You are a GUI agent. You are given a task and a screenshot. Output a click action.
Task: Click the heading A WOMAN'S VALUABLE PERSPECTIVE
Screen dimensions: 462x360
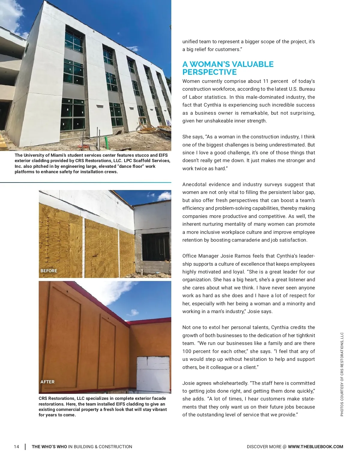(228, 68)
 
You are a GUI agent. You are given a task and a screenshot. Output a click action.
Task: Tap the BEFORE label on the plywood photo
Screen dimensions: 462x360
(49, 271)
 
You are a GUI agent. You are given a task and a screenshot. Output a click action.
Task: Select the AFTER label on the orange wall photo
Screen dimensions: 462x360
(47, 382)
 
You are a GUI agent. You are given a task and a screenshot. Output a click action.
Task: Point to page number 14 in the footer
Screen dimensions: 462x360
(16, 447)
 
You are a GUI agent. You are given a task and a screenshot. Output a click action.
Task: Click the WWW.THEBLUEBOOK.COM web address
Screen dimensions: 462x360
(315, 447)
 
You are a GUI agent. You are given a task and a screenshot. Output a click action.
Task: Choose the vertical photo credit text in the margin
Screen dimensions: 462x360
(342, 374)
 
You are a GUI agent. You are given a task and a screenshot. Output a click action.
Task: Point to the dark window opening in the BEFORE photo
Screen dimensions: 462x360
(155, 247)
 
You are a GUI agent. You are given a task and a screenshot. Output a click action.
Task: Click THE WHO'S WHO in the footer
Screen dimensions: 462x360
(49, 447)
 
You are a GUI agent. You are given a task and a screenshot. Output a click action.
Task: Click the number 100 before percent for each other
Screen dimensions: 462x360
(187, 351)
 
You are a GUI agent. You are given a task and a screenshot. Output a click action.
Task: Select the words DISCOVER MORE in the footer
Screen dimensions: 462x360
(264, 447)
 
